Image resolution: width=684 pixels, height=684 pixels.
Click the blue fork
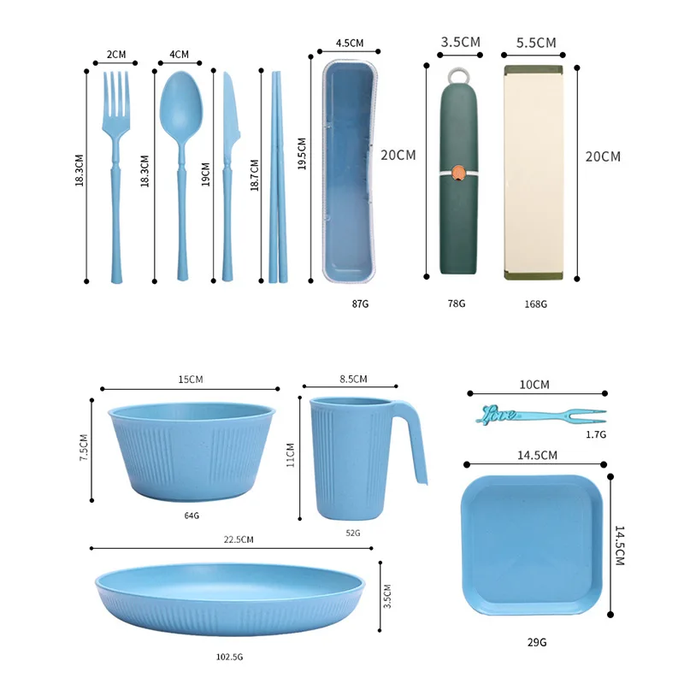click(x=116, y=174)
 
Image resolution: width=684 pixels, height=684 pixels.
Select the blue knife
click(x=228, y=174)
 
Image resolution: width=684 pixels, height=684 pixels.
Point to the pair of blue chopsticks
click(x=279, y=177)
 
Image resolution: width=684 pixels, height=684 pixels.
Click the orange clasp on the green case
click(x=458, y=173)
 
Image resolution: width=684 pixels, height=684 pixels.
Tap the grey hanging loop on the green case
click(x=458, y=75)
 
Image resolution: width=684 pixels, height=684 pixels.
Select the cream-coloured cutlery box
click(x=534, y=173)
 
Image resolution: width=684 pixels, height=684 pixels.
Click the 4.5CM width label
click(x=350, y=43)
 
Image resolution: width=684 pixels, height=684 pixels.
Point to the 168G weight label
click(x=535, y=304)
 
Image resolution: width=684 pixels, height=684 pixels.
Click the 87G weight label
click(x=360, y=304)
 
